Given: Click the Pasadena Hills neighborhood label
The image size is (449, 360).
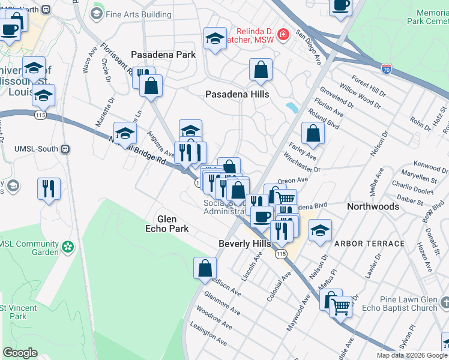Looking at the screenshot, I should [x=237, y=94].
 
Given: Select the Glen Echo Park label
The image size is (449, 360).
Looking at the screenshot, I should [x=167, y=224].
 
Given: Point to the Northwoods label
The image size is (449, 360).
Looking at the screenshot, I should [x=373, y=206].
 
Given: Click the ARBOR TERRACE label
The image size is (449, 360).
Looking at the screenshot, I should [x=369, y=244].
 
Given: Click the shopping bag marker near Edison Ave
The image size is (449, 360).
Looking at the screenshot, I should [x=205, y=269].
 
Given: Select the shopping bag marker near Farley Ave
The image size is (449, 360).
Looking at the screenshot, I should [x=313, y=134].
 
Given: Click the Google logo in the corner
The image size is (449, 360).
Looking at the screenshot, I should [x=20, y=353].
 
